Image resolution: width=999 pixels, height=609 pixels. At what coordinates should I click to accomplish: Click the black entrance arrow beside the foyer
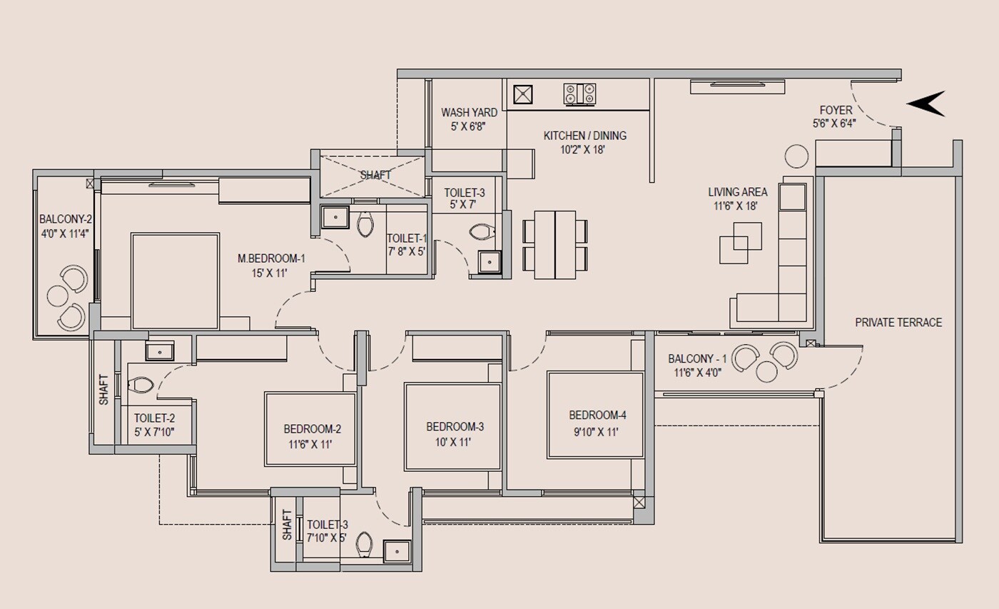coord(928,104)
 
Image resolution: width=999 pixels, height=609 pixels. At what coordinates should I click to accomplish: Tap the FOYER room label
coord(835,111)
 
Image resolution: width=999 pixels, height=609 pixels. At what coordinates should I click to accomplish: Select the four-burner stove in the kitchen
coord(579,94)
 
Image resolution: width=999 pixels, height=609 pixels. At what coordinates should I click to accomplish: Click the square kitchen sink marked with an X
coord(522,94)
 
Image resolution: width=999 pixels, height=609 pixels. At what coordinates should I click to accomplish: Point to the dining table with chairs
coord(555,244)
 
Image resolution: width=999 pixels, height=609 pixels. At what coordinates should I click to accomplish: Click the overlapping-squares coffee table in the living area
coord(740,243)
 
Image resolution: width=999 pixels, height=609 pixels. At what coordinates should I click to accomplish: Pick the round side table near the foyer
coord(796,156)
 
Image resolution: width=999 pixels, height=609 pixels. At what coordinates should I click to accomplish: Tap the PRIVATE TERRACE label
coord(898,323)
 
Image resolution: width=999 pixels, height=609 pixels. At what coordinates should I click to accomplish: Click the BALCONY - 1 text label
coord(697,359)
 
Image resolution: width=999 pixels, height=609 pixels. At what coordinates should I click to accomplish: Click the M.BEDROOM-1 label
coord(271,258)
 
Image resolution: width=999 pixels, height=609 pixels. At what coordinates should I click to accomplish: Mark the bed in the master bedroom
coord(175,281)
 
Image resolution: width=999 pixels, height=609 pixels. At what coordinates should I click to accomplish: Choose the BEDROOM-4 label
coord(597,415)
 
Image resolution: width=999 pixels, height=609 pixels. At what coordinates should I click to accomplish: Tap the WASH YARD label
coord(469,113)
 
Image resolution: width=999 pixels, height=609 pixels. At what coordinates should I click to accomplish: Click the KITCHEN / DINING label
coord(584,136)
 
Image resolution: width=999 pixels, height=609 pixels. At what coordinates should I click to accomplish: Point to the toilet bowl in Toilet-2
coord(141,386)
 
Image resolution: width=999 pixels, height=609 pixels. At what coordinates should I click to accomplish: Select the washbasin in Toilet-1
coord(334,217)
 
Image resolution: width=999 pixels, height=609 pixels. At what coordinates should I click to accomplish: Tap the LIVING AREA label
coord(737,192)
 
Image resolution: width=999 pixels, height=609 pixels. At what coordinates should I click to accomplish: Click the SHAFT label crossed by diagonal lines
coord(375,175)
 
